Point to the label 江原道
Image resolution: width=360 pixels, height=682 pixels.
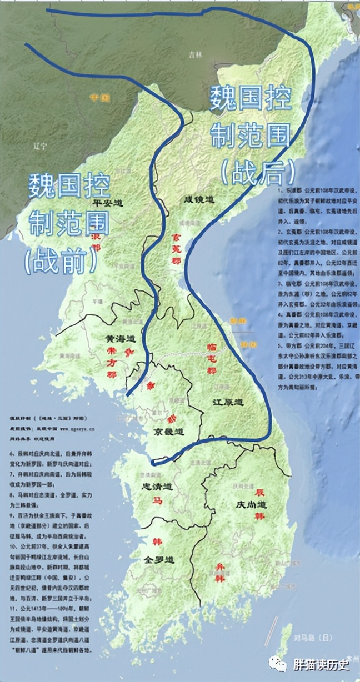[x=228, y=401]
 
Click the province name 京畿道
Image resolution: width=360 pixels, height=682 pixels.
[x=168, y=431]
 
